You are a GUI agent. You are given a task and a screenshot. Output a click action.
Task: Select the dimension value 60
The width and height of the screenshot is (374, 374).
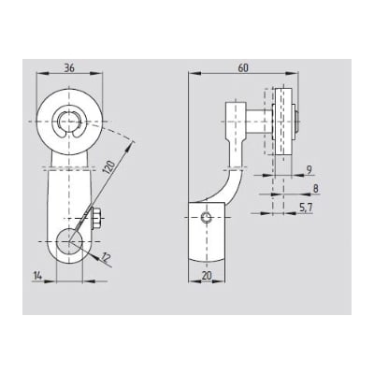(243, 68)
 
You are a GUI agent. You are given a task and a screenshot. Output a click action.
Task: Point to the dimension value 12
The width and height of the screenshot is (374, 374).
(106, 256)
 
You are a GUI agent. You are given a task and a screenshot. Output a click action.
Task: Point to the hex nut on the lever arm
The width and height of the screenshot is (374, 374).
(97, 221)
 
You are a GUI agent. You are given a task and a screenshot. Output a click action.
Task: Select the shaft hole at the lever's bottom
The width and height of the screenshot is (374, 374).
(69, 242)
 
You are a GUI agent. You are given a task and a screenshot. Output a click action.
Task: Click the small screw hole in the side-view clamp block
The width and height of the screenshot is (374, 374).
(207, 219)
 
